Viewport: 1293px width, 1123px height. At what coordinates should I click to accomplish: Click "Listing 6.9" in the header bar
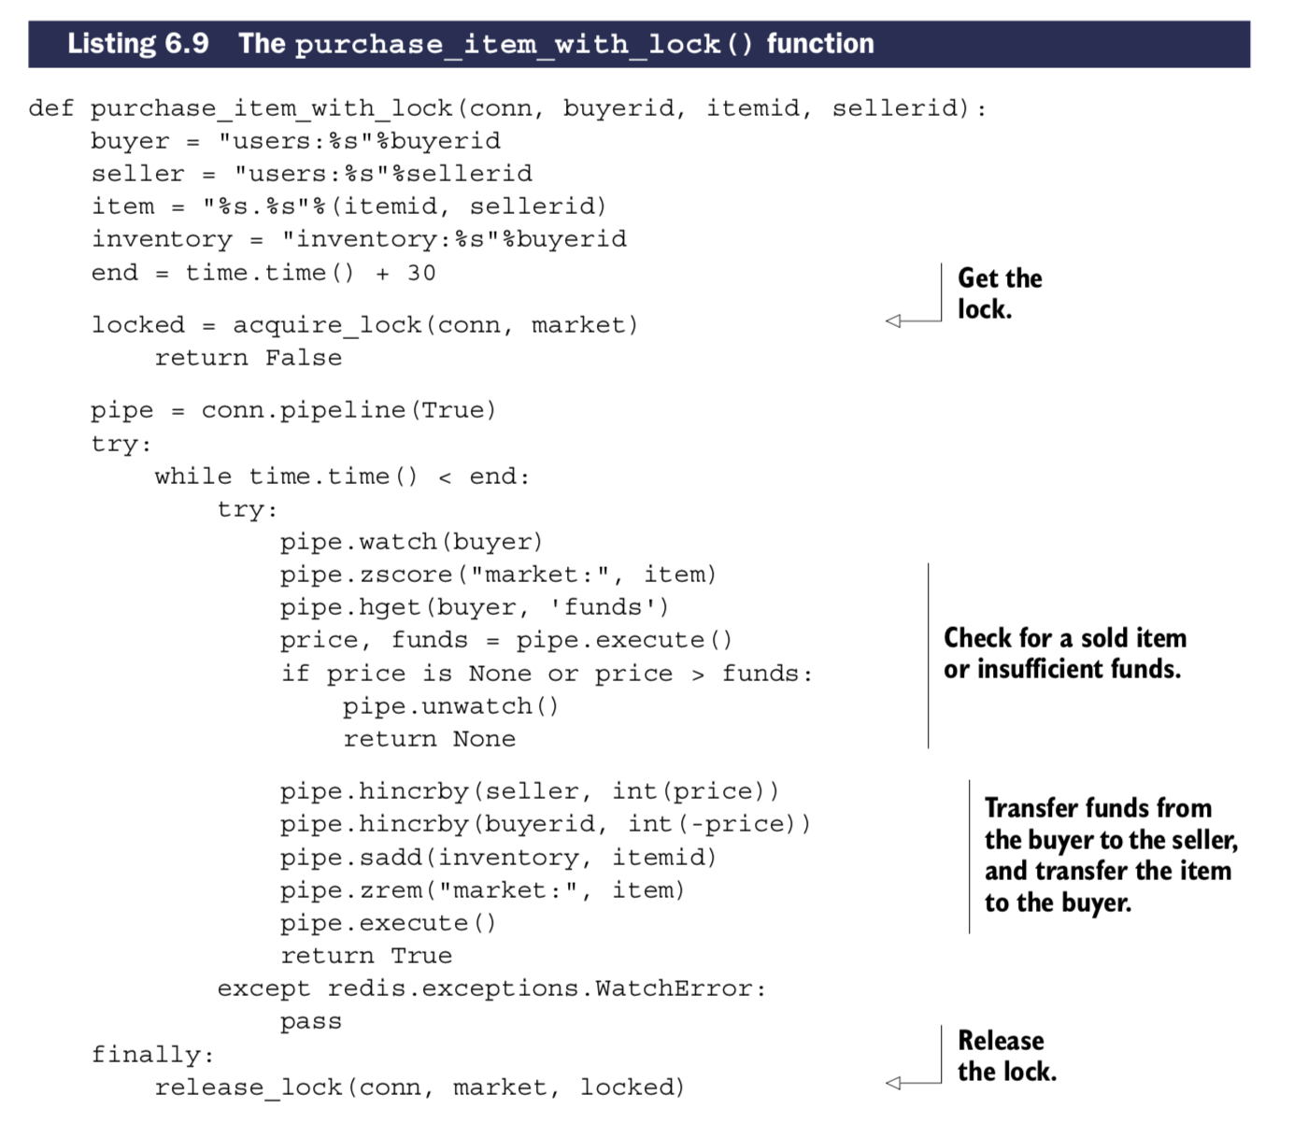tap(138, 44)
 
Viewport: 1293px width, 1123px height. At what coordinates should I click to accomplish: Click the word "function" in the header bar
tap(820, 44)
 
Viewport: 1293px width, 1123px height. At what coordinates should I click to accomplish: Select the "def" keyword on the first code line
tap(51, 108)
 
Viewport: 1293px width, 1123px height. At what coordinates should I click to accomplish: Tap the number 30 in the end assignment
tap(421, 273)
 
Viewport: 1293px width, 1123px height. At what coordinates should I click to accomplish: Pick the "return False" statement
tap(249, 358)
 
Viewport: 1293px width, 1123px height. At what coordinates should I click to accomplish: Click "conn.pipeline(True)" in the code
tap(348, 410)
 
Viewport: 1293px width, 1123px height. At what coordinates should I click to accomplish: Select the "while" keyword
tap(193, 476)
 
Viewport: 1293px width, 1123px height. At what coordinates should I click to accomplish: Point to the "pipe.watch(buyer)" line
tap(411, 542)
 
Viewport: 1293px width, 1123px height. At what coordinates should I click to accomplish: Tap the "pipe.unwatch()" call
tap(450, 706)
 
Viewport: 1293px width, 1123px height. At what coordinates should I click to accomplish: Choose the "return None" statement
tap(429, 739)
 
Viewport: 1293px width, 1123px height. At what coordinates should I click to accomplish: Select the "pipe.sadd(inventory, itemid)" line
tap(498, 858)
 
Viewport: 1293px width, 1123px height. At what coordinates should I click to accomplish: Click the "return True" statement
tap(366, 956)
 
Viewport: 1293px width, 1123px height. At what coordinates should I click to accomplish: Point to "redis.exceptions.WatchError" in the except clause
tap(546, 988)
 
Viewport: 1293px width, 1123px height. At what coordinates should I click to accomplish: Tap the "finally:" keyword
tap(152, 1055)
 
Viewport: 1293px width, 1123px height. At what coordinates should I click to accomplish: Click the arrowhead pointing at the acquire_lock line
tap(893, 321)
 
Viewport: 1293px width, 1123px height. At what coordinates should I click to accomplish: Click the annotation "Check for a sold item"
tap(1065, 638)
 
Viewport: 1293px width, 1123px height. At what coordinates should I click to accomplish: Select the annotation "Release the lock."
tap(1006, 1056)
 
